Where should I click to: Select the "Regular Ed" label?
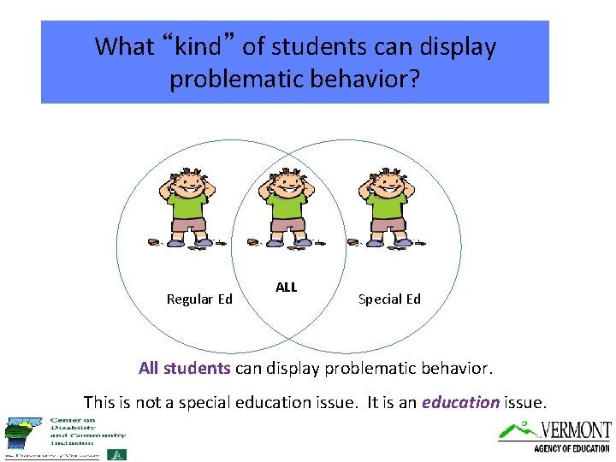(x=199, y=299)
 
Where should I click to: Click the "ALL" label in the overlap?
(x=287, y=287)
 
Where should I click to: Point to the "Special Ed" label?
(x=389, y=299)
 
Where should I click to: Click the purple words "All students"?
(x=184, y=369)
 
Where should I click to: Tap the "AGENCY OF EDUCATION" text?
(x=571, y=448)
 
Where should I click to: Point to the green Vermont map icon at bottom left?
(x=21, y=433)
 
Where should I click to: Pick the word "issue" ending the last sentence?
(x=524, y=401)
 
